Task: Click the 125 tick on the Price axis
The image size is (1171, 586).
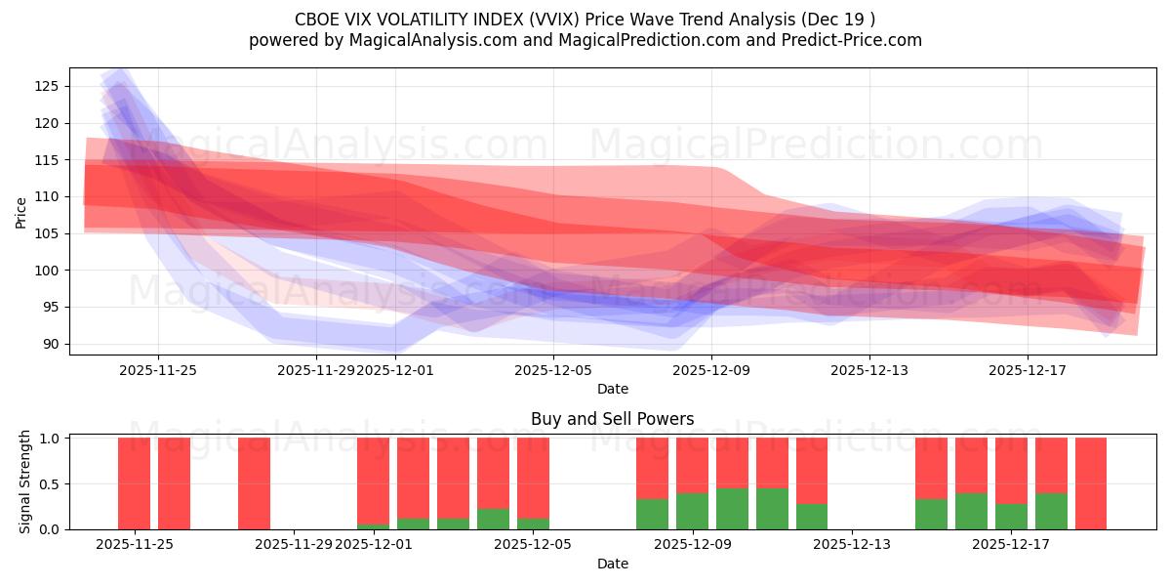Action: [x=44, y=86]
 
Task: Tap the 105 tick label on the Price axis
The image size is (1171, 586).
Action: [x=44, y=233]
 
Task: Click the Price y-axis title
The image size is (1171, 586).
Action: [x=20, y=211]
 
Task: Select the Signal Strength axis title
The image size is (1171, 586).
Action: [x=25, y=481]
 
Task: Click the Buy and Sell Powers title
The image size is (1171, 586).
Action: [x=612, y=419]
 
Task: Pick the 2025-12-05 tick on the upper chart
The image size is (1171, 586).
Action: [x=553, y=370]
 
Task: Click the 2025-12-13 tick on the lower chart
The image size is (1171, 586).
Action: [x=852, y=544]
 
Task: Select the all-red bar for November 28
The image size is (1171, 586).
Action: [x=254, y=483]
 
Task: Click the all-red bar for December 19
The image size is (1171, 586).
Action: [x=1091, y=483]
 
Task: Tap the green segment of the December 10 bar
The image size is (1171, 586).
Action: [x=772, y=509]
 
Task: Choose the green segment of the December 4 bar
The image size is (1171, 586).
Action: [x=493, y=519]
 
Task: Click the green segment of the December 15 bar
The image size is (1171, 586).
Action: [x=931, y=514]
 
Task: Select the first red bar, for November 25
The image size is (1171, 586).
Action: [x=134, y=483]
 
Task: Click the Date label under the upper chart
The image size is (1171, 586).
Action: [x=612, y=389]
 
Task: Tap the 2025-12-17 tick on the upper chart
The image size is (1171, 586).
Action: [x=1028, y=370]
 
